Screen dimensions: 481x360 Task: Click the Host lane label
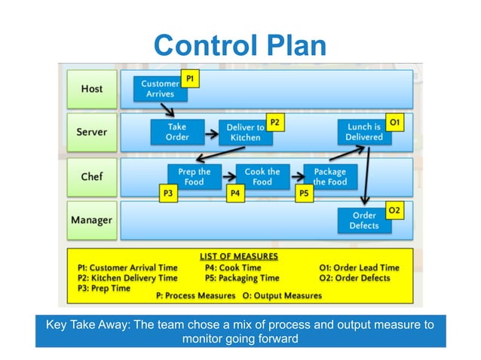coord(92,89)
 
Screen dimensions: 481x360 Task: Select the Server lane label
coord(92,133)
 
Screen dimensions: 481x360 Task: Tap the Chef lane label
coord(92,177)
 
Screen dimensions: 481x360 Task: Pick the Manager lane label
coord(92,220)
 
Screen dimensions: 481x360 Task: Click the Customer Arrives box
coord(160,89)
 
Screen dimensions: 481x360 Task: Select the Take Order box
coord(177,132)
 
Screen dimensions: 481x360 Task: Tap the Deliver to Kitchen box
coord(246,133)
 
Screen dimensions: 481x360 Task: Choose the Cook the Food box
coord(262,177)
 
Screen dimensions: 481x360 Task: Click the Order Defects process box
coord(364,221)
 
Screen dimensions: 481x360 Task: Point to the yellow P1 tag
coord(190,79)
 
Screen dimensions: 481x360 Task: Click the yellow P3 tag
coord(168,194)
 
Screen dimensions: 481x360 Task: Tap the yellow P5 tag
coord(305,194)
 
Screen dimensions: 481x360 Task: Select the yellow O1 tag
coord(394,123)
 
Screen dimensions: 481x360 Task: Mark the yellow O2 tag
coord(394,210)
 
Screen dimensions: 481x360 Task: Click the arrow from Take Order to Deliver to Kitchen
coord(212,133)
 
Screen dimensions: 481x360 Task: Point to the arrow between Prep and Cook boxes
coord(229,177)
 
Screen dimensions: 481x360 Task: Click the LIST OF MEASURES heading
coord(239,256)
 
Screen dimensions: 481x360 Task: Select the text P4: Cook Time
coord(233,268)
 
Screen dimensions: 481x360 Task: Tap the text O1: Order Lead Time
coord(359,268)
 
